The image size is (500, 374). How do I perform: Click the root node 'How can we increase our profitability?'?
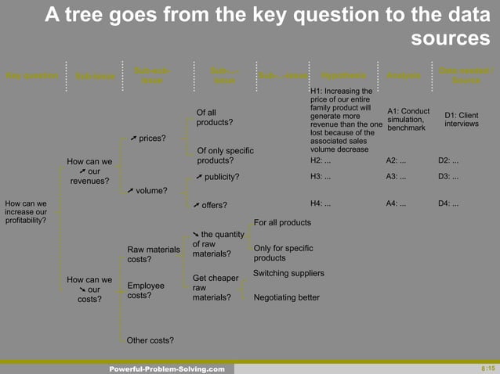(26, 212)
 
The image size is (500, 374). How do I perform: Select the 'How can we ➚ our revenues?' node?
(89, 171)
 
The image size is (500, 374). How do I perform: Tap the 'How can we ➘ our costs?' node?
(89, 289)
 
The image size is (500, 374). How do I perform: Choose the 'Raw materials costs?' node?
(154, 254)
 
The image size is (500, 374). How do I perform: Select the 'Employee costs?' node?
(146, 291)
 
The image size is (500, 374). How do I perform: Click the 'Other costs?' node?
(150, 340)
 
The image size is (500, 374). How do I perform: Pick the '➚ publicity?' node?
(217, 176)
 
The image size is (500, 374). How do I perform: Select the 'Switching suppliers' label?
(288, 273)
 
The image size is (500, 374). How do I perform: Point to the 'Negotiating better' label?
(286, 297)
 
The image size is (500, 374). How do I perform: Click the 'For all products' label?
(282, 223)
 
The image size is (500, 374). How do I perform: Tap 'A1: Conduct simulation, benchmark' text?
(408, 119)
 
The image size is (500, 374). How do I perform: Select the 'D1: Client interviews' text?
(461, 119)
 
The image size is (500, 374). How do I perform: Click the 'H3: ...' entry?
(321, 176)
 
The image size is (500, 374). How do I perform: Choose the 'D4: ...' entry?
(448, 204)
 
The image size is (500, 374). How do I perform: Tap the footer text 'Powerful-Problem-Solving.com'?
(167, 369)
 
